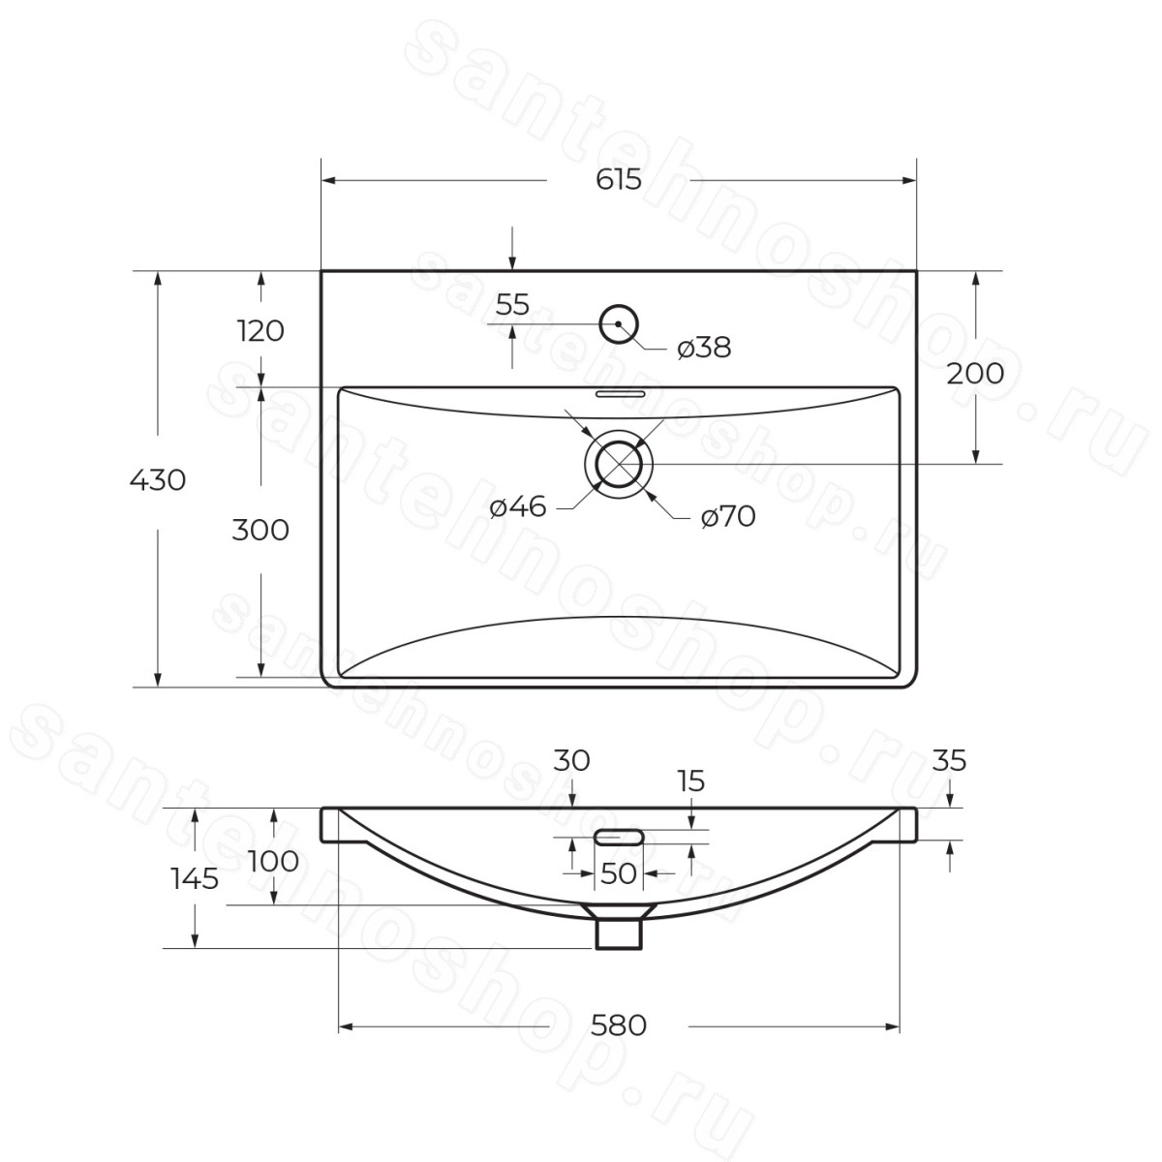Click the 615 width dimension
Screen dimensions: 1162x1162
tap(619, 179)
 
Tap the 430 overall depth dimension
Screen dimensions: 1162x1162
tap(158, 480)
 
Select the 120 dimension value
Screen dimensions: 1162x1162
tap(260, 331)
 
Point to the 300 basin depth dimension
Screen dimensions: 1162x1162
tap(260, 530)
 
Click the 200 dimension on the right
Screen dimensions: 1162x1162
tap(975, 373)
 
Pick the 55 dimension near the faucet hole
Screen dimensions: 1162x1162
tap(512, 304)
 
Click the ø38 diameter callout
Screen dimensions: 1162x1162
tap(704, 348)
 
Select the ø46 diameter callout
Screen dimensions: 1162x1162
tap(518, 506)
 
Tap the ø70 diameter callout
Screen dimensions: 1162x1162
tap(728, 516)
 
